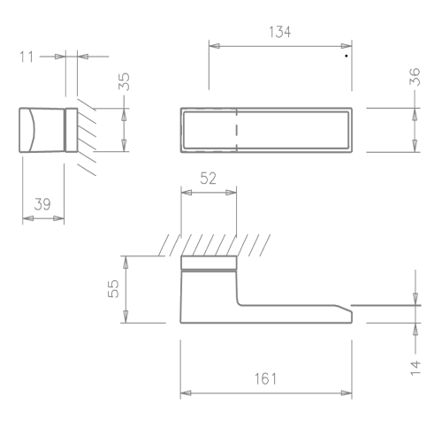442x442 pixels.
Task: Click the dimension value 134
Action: [280, 32]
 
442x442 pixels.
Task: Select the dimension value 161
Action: [266, 379]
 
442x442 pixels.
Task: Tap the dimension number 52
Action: [208, 179]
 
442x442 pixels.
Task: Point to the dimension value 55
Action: [113, 288]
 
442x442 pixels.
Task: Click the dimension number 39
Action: [42, 204]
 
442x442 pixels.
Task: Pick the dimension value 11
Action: [27, 57]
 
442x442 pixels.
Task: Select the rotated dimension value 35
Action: [124, 81]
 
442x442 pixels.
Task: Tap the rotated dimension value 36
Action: [415, 76]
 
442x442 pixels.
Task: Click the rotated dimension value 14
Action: [415, 368]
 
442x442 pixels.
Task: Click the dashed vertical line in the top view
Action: [237, 130]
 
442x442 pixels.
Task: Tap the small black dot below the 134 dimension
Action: [347, 56]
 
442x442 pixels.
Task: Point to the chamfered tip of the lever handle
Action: [344, 309]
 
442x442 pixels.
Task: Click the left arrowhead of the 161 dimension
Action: [186, 393]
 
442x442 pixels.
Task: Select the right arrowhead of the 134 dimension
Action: [347, 46]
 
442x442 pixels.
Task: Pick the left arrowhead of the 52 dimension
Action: [187, 193]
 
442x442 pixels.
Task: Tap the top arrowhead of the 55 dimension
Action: [126, 262]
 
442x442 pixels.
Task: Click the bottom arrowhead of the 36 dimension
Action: [415, 146]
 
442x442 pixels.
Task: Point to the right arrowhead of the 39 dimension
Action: [58, 218]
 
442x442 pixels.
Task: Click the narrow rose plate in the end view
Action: [72, 130]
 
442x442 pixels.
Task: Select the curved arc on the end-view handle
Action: [32, 130]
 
